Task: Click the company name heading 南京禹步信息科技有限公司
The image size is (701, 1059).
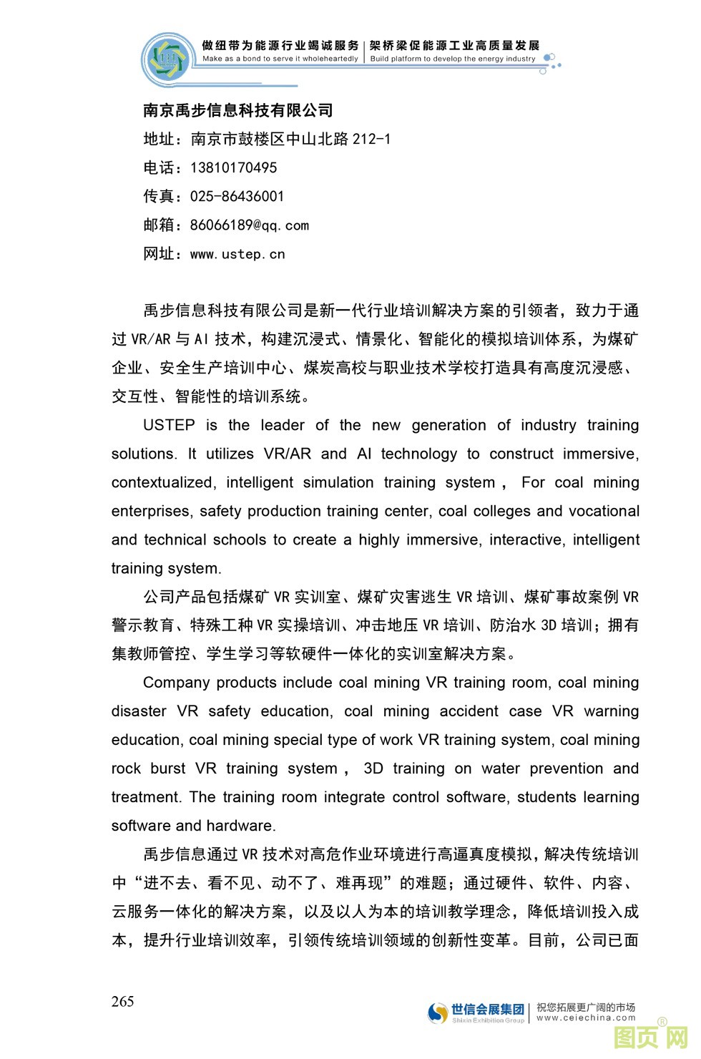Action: tap(237, 110)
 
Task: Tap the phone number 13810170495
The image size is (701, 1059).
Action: tap(233, 168)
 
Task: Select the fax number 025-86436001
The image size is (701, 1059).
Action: tap(237, 197)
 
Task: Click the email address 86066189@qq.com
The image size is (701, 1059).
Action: tap(249, 225)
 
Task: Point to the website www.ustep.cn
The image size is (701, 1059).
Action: tap(237, 254)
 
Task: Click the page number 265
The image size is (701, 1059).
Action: tap(122, 1001)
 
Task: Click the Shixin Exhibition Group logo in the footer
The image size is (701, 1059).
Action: tap(476, 1012)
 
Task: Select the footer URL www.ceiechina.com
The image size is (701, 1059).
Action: tap(586, 1017)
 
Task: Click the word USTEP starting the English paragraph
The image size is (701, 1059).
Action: tap(169, 425)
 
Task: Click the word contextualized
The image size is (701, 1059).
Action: tap(162, 482)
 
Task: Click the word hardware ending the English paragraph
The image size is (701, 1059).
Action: tap(240, 826)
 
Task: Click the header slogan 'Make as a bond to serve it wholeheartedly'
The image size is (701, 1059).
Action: tap(280, 59)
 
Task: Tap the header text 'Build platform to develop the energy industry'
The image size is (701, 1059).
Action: tap(452, 59)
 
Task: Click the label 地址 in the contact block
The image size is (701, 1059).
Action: tap(158, 139)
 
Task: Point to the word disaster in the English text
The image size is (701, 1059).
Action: tap(139, 711)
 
